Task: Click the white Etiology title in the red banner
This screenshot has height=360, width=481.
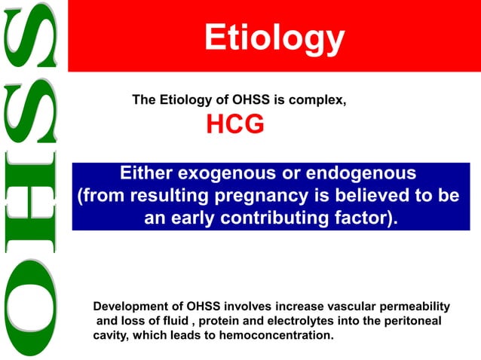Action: point(274,37)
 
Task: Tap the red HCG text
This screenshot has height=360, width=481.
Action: point(235,125)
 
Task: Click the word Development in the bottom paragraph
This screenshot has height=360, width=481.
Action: point(127,307)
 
